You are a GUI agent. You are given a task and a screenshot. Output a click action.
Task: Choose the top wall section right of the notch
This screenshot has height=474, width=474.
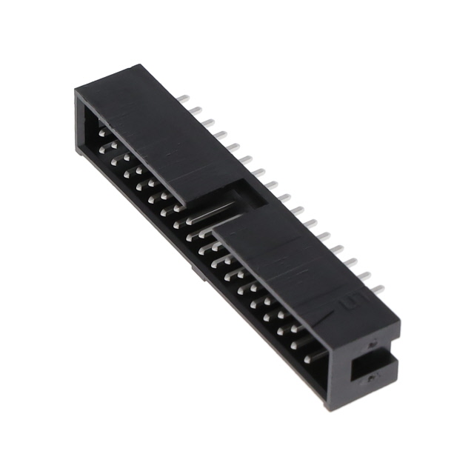[x=296, y=259]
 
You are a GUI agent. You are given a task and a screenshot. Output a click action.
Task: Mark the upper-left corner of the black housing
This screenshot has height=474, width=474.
[x=77, y=91]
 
